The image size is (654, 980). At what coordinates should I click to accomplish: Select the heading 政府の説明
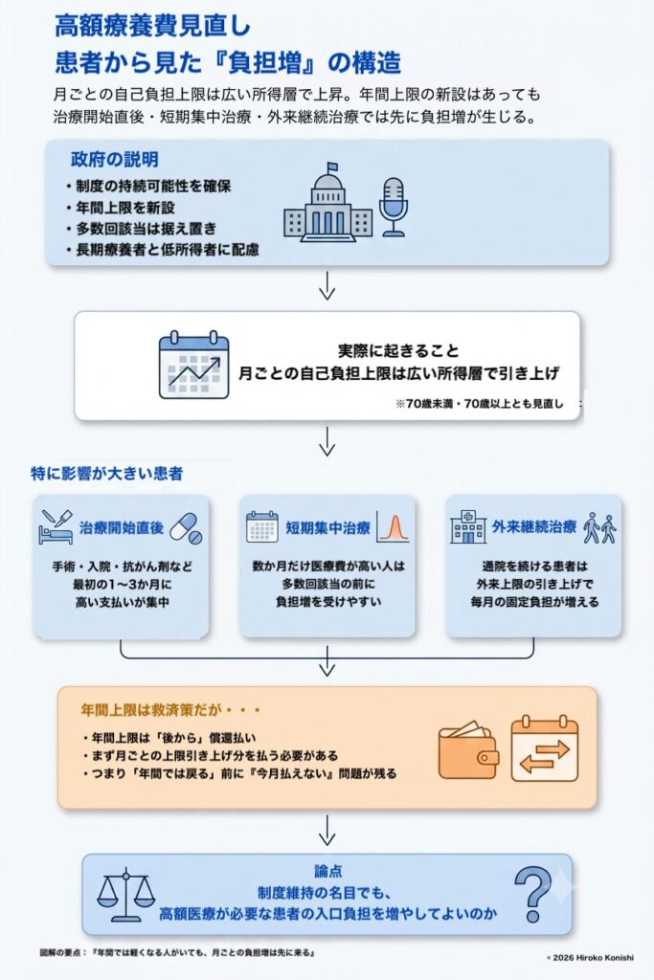click(114, 160)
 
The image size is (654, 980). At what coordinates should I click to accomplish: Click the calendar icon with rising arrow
click(193, 365)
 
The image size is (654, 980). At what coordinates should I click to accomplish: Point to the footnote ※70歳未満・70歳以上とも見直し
click(480, 404)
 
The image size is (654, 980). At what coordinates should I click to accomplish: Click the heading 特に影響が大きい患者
click(107, 473)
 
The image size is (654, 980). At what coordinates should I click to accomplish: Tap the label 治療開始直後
click(122, 527)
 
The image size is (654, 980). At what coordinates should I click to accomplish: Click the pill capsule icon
click(187, 528)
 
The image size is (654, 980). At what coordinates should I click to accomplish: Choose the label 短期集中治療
click(328, 527)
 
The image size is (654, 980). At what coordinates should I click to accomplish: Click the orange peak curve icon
click(394, 527)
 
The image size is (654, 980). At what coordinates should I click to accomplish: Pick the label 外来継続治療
click(534, 527)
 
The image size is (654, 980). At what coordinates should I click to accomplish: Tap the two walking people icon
click(599, 528)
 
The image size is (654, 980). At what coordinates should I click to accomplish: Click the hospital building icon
click(467, 527)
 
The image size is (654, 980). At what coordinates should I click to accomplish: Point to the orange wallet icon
click(468, 750)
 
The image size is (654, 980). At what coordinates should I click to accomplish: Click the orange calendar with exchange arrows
click(545, 747)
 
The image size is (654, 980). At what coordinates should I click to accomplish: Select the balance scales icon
click(125, 895)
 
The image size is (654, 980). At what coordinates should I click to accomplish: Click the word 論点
click(327, 871)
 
